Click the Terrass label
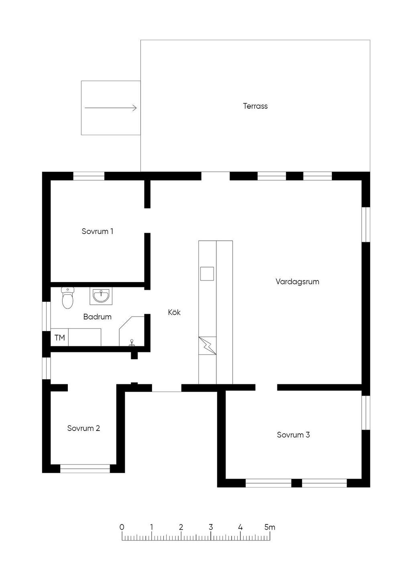[255, 106]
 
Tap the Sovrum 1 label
[97, 231]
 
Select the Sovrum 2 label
[83, 428]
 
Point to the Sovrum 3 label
[293, 435]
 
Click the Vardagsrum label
[297, 282]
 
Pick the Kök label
[174, 312]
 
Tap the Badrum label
[97, 317]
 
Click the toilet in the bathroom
[68, 298]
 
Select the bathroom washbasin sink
[101, 296]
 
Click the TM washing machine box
[59, 337]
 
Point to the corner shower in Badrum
[132, 331]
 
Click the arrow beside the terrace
[111, 108]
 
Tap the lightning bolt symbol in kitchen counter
[208, 345]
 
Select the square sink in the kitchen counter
[207, 274]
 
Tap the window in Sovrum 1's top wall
[89, 176]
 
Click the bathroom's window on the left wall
[47, 316]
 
